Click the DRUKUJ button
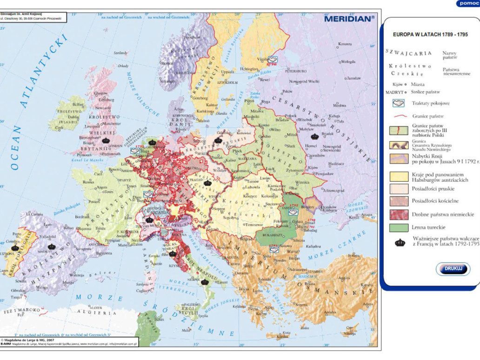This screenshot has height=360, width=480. click(x=453, y=268)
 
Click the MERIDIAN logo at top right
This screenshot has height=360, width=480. click(x=349, y=19)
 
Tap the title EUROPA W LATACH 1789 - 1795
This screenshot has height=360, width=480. click(x=430, y=34)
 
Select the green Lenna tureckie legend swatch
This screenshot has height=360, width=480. click(x=399, y=228)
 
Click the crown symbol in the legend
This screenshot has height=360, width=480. click(x=400, y=243)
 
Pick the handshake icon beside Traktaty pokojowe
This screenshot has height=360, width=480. click(x=399, y=103)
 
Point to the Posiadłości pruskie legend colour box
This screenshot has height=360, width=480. click(x=399, y=189)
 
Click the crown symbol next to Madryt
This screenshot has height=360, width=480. click(x=51, y=247)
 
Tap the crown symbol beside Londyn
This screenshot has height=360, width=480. click(x=106, y=140)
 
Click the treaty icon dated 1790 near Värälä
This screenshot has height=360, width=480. click(x=272, y=60)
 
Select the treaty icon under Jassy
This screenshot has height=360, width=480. click(x=293, y=212)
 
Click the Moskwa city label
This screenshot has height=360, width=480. click(x=339, y=105)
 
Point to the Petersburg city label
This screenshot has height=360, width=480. click(x=295, y=71)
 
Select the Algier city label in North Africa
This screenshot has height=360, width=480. click(x=96, y=307)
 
